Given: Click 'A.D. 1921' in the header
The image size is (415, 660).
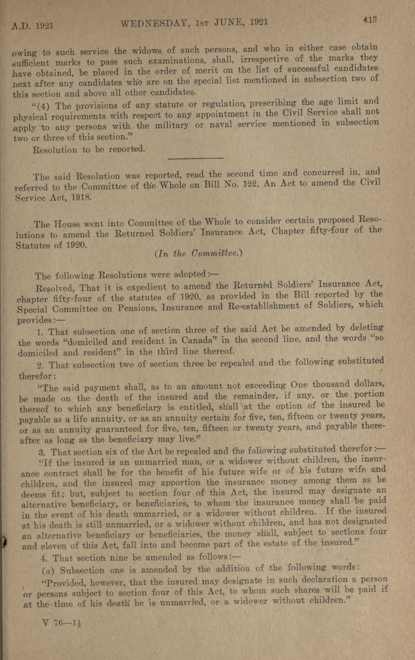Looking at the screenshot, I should tap(32, 26).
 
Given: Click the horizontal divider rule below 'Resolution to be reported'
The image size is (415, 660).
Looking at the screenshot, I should tap(196, 158).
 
